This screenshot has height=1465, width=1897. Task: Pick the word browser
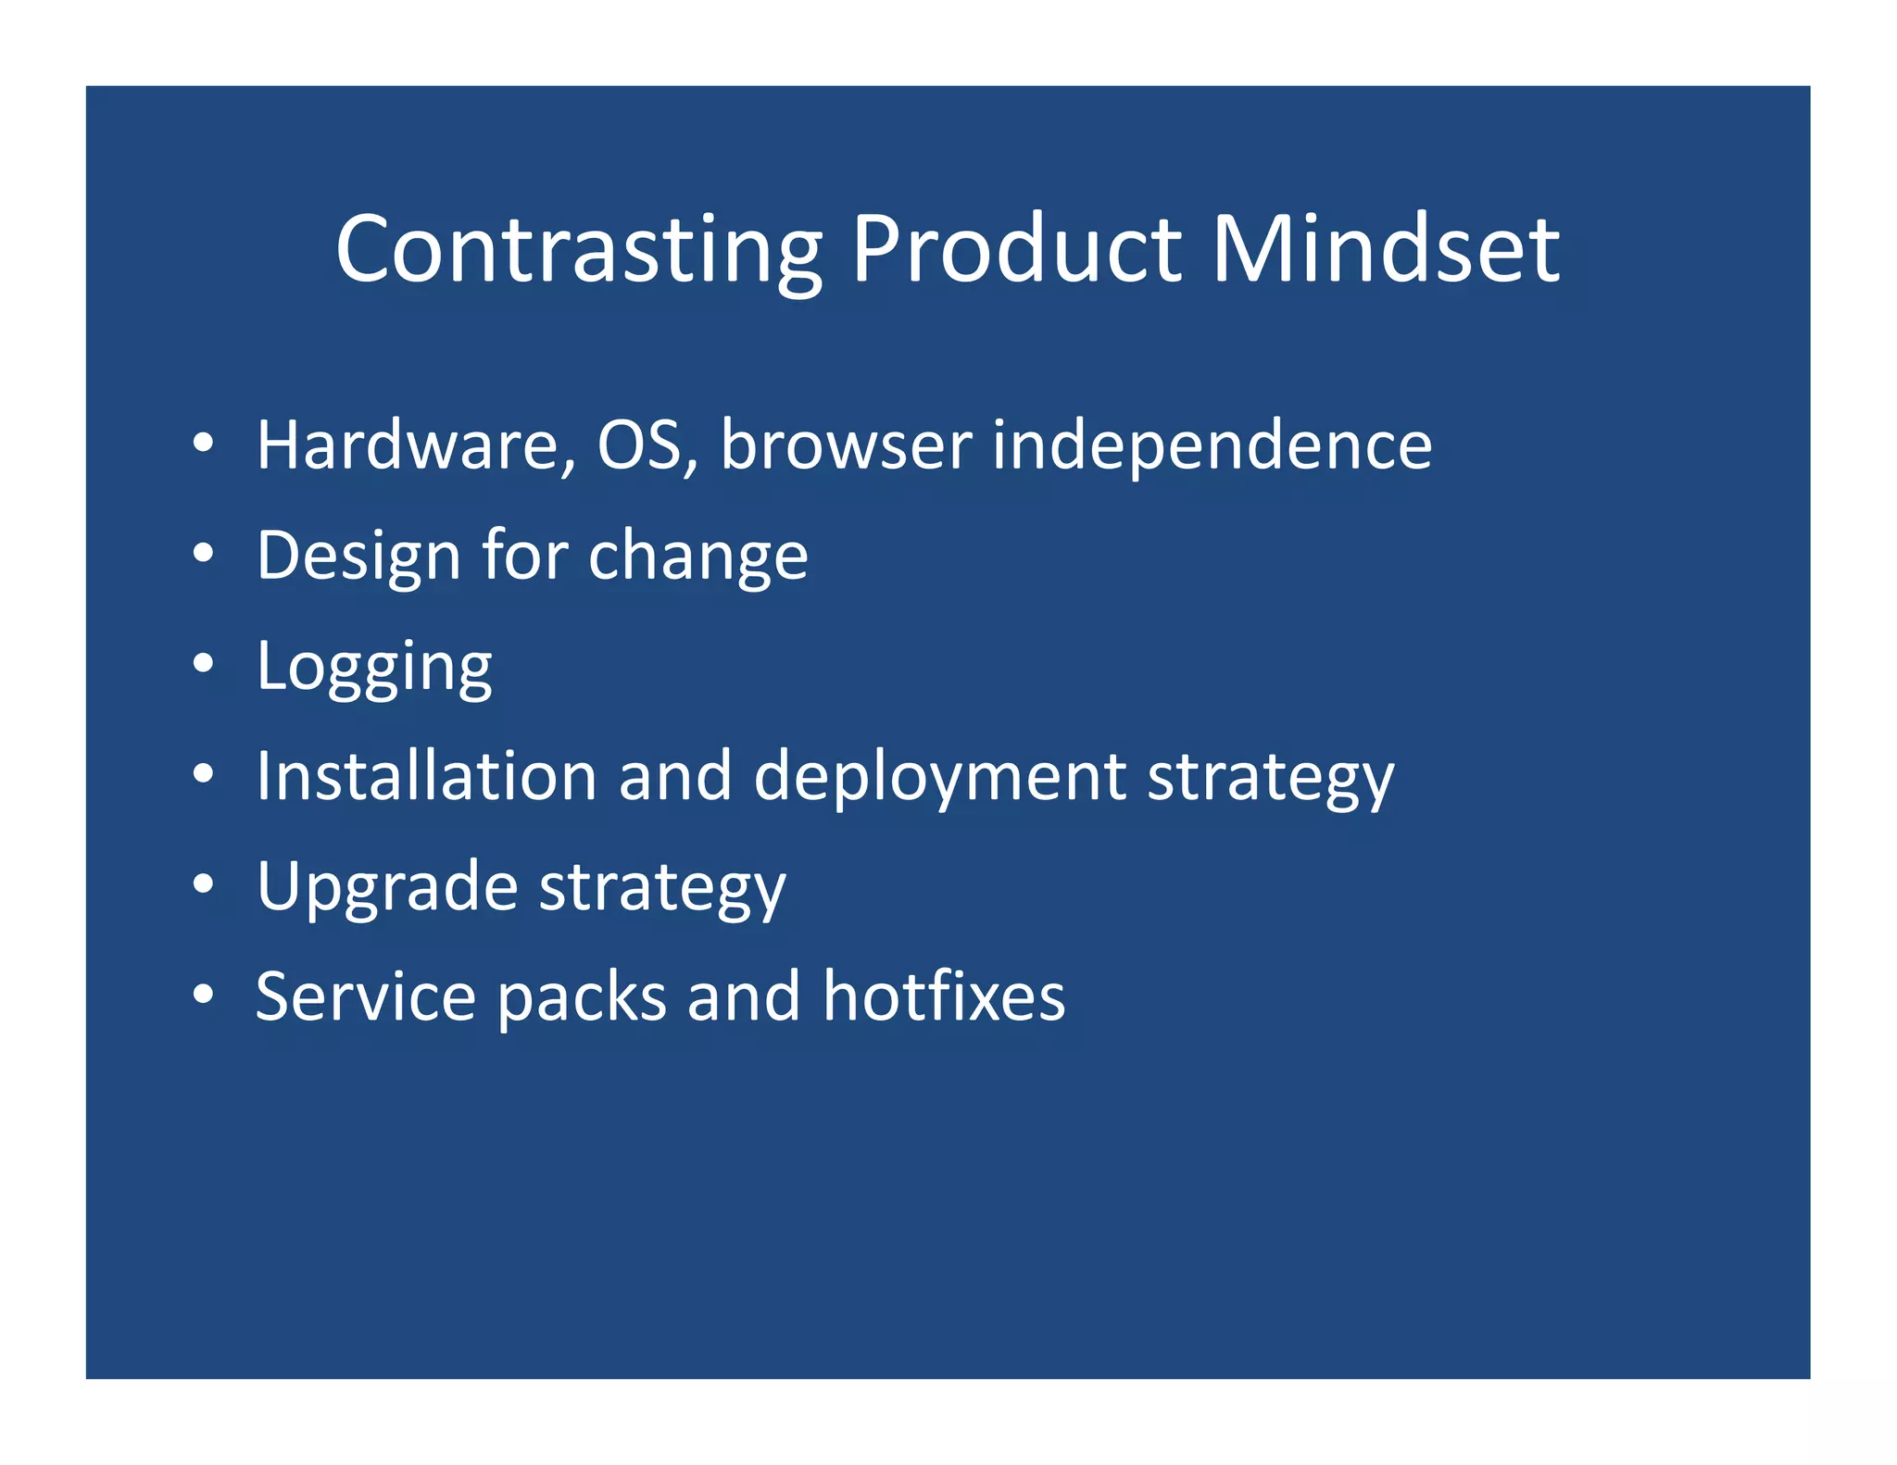[x=846, y=445]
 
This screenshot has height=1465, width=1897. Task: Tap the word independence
[x=1212, y=445]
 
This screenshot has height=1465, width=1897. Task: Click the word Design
[x=358, y=556]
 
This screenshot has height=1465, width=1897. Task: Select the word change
[x=697, y=556]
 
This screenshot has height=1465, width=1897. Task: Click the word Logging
[x=374, y=667]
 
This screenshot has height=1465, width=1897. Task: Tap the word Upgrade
[x=386, y=887]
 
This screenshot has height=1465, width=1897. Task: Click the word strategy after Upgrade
[x=662, y=887]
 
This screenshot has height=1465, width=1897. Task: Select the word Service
[x=365, y=996]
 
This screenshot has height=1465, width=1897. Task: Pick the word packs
[x=582, y=996]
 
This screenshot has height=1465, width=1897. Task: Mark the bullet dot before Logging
[x=204, y=663]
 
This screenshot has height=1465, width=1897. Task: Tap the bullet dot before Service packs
[x=204, y=995]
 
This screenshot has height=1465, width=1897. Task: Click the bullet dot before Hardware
[x=204, y=443]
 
